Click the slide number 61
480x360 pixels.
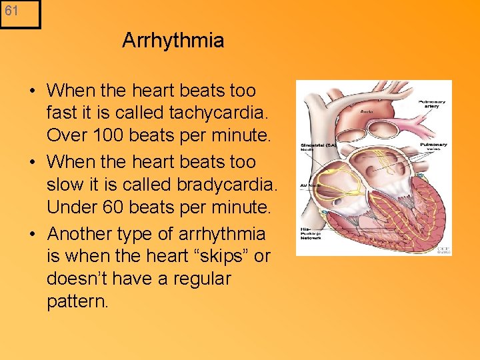point(11,11)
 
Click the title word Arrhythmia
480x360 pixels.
point(173,41)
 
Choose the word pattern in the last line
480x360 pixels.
point(75,301)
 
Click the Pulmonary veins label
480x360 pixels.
point(433,147)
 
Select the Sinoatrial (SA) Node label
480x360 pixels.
point(316,146)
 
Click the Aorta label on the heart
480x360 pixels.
point(367,114)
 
